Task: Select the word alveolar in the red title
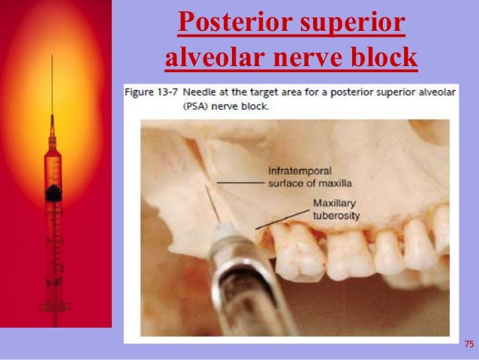[208, 56]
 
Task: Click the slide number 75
[469, 344]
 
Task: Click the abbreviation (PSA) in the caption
[140, 106]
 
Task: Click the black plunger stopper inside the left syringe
[53, 193]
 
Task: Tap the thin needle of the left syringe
[52, 90]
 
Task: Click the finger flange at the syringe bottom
[53, 307]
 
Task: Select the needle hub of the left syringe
[52, 139]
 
